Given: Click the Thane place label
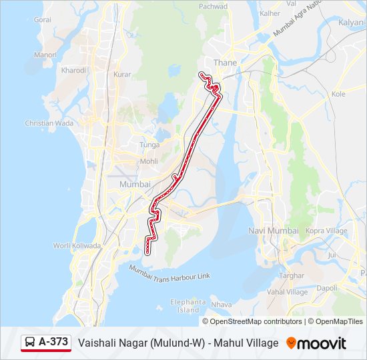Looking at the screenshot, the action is pyautogui.click(x=220, y=63).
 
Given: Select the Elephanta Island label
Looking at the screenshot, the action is pyautogui.click(x=189, y=306).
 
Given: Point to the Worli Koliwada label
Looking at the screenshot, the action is pyautogui.click(x=77, y=245).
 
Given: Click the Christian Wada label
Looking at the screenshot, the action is pyautogui.click(x=49, y=123).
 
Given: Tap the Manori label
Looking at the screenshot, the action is pyautogui.click(x=45, y=55).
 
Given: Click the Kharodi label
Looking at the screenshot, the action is pyautogui.click(x=73, y=70).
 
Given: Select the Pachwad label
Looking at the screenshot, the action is pyautogui.click(x=214, y=6).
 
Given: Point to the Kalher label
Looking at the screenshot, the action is pyautogui.click(x=270, y=13).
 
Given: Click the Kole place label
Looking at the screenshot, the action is pyautogui.click(x=338, y=94).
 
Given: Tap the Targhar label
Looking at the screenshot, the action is pyautogui.click(x=292, y=275).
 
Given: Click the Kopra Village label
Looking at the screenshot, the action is pyautogui.click(x=326, y=231).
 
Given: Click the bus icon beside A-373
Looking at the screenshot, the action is pyautogui.click(x=30, y=342).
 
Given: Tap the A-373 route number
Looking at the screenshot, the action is pyautogui.click(x=53, y=342).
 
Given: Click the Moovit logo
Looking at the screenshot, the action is pyautogui.click(x=316, y=343).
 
